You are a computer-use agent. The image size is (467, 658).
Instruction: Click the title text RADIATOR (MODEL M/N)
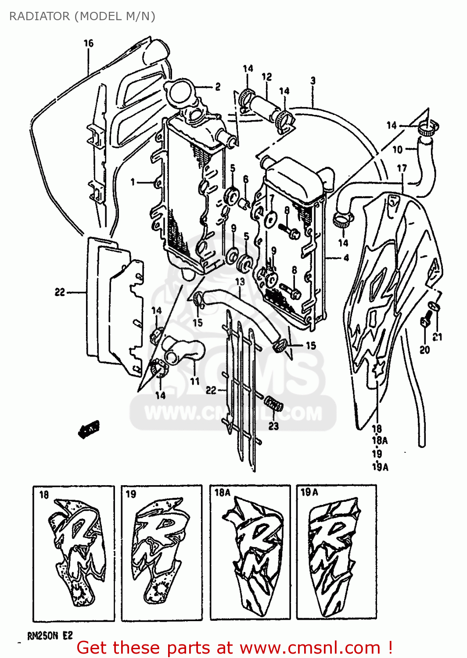click(82, 16)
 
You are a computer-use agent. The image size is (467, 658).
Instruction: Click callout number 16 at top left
click(88, 43)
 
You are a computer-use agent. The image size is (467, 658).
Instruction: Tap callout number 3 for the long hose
click(313, 81)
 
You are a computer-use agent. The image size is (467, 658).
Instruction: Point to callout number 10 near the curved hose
click(397, 150)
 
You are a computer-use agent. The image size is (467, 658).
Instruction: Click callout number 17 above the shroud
click(402, 168)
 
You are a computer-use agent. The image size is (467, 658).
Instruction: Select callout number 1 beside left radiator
click(133, 182)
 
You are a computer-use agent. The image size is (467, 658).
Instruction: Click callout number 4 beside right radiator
click(346, 258)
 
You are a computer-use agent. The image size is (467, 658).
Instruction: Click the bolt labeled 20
click(425, 322)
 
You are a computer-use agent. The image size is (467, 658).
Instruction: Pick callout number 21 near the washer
click(438, 337)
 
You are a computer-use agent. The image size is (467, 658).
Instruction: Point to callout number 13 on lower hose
click(240, 281)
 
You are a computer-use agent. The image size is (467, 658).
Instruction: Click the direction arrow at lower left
click(89, 429)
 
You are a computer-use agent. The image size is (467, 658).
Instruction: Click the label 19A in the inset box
click(309, 492)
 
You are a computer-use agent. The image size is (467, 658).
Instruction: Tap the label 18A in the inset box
click(222, 493)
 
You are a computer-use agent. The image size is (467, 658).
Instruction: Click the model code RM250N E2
click(50, 636)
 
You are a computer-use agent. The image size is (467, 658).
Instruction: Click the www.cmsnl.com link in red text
click(310, 647)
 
